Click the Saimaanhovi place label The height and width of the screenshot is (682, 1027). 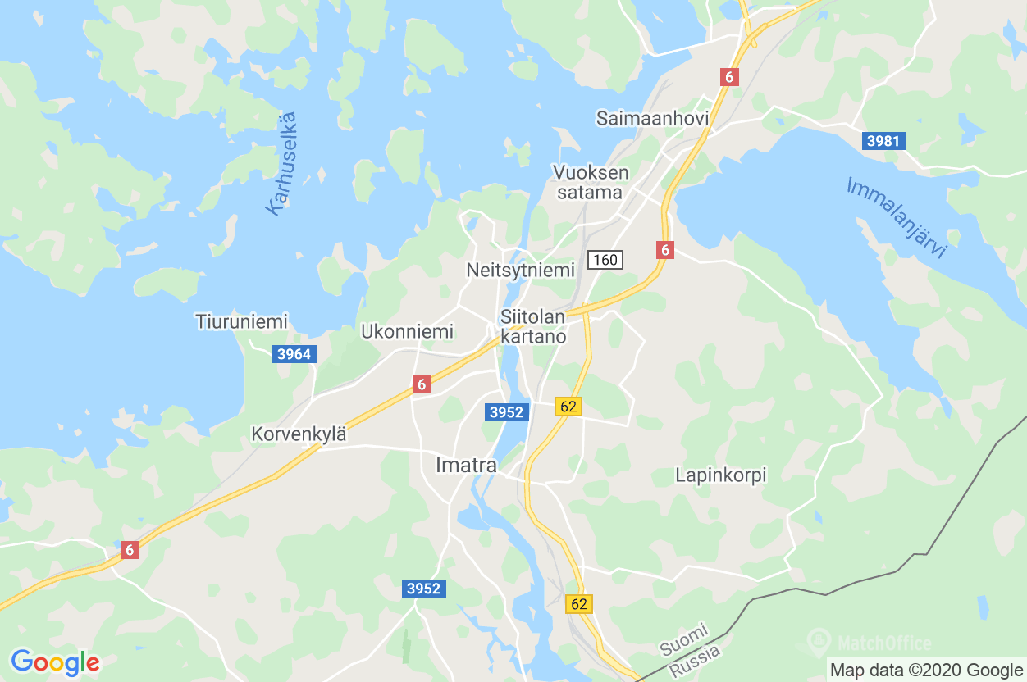(x=652, y=119)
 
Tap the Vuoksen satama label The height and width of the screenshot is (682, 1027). (x=591, y=183)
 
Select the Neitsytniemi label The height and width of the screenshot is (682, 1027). (x=520, y=271)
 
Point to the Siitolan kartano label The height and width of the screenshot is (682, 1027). (x=533, y=326)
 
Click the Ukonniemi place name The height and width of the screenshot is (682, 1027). (x=407, y=332)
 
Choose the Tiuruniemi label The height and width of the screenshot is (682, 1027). (x=241, y=321)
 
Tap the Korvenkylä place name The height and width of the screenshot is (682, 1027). (x=299, y=434)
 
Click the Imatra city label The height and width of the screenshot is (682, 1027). (x=466, y=466)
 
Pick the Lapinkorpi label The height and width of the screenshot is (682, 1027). (x=720, y=475)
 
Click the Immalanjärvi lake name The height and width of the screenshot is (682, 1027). (x=896, y=217)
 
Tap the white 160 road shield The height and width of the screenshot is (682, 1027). (x=605, y=260)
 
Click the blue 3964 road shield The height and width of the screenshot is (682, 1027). (x=294, y=354)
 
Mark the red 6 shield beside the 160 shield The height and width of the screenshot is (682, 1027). (x=664, y=250)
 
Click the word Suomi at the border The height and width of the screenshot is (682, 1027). (x=683, y=640)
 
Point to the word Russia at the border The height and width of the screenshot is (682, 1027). (x=695, y=661)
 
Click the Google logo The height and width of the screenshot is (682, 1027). (x=55, y=662)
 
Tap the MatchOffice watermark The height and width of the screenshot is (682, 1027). (x=870, y=643)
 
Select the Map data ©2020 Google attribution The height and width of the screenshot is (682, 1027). (x=925, y=670)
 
